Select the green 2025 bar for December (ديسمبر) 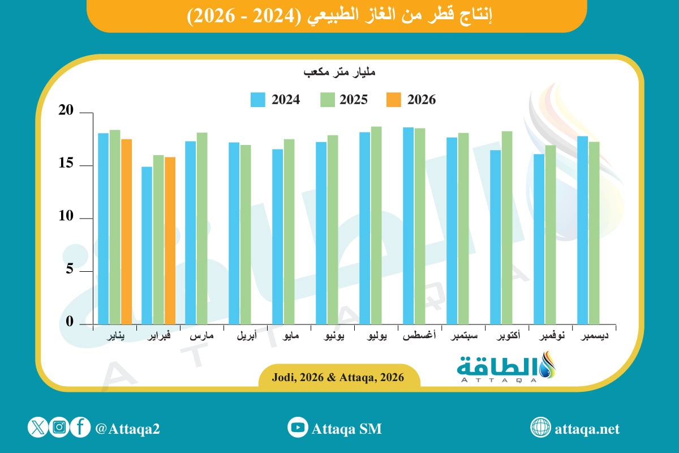coord(594,233)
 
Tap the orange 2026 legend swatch coord(393,100)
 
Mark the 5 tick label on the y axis coord(70,270)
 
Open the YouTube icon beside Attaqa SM coord(297,428)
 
